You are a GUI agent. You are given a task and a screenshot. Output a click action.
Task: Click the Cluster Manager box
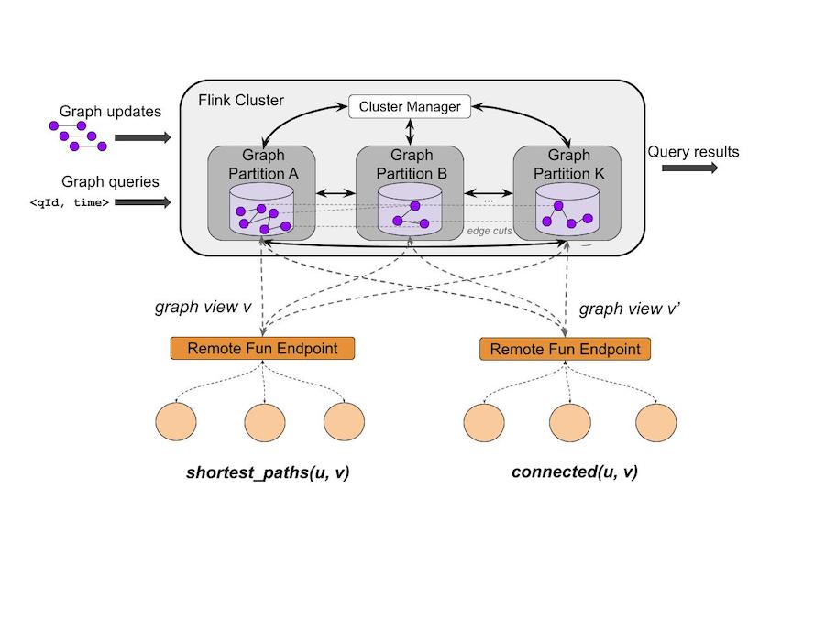(x=409, y=107)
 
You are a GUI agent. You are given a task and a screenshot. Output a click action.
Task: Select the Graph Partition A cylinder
(x=263, y=211)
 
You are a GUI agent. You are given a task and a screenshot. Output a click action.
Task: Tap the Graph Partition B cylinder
(x=411, y=211)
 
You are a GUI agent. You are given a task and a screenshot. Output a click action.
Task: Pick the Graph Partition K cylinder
(x=566, y=211)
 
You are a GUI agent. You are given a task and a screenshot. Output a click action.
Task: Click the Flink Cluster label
(x=241, y=99)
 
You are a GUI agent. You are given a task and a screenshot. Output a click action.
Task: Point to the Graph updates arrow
(x=143, y=138)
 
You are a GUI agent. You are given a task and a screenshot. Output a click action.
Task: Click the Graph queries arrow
(x=143, y=202)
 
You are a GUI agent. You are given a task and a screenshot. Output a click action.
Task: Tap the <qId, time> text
(x=70, y=202)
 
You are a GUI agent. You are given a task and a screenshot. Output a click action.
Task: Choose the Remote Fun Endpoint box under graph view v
(x=262, y=348)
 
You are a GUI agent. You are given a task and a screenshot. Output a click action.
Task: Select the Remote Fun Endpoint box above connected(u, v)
(x=565, y=349)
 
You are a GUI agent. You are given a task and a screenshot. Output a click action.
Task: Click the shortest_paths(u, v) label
(x=268, y=472)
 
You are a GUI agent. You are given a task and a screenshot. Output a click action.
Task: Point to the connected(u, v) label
(x=575, y=472)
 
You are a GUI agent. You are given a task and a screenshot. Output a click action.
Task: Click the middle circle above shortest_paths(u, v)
(x=265, y=422)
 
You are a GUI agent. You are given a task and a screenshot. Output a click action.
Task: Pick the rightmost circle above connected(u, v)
(x=656, y=423)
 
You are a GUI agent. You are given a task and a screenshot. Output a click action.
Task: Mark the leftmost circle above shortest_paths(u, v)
(x=176, y=422)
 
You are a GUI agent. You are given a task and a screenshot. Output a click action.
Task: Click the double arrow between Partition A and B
(x=335, y=193)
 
